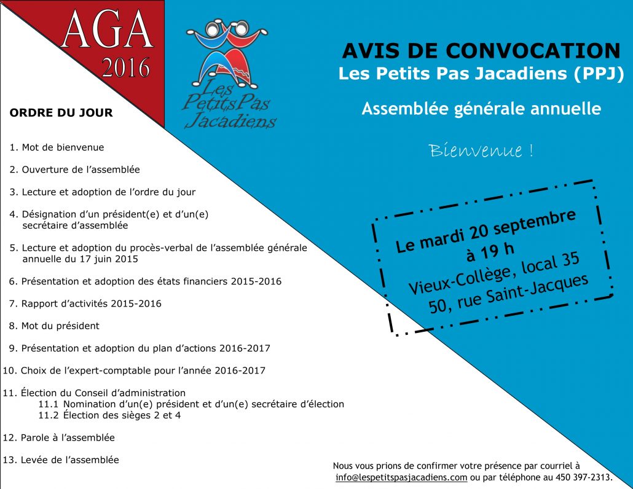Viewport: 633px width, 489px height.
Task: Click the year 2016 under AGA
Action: [x=125, y=68]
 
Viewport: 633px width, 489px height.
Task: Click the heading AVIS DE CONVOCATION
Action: [x=481, y=51]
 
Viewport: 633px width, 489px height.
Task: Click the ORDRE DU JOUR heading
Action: [x=61, y=113]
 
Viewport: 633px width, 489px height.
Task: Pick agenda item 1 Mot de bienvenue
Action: [x=57, y=147]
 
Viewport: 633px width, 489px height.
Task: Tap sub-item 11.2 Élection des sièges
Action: [x=109, y=415]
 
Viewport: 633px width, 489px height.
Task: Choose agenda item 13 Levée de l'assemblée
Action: [x=61, y=460]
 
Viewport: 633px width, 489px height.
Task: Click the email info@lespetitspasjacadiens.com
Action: [x=401, y=477]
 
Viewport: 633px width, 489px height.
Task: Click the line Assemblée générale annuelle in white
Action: [x=481, y=109]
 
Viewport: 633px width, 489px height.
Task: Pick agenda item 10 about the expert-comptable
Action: [x=134, y=370]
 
